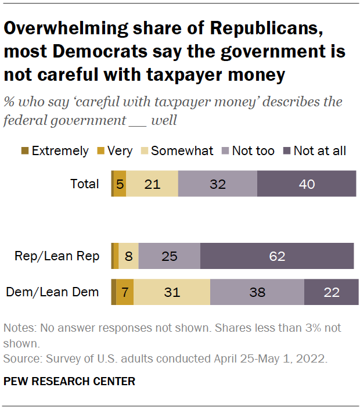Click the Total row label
[x=84, y=184]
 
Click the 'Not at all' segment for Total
[x=306, y=184]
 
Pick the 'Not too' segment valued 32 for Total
[x=217, y=184]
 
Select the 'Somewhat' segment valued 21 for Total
[x=152, y=184]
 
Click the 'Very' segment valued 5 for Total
[x=120, y=184]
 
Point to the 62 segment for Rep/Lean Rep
[x=277, y=256]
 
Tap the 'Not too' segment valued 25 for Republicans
[x=170, y=256]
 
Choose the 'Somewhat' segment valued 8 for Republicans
[x=128, y=256]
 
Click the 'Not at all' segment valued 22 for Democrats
[x=331, y=292]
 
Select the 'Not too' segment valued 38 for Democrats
[x=257, y=292]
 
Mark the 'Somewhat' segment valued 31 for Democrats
[x=172, y=292]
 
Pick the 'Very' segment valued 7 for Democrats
[x=125, y=292]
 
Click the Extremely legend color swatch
[x=24, y=151]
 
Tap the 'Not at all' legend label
[x=319, y=151]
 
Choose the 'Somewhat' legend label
[x=182, y=151]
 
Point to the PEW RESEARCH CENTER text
[x=69, y=382]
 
